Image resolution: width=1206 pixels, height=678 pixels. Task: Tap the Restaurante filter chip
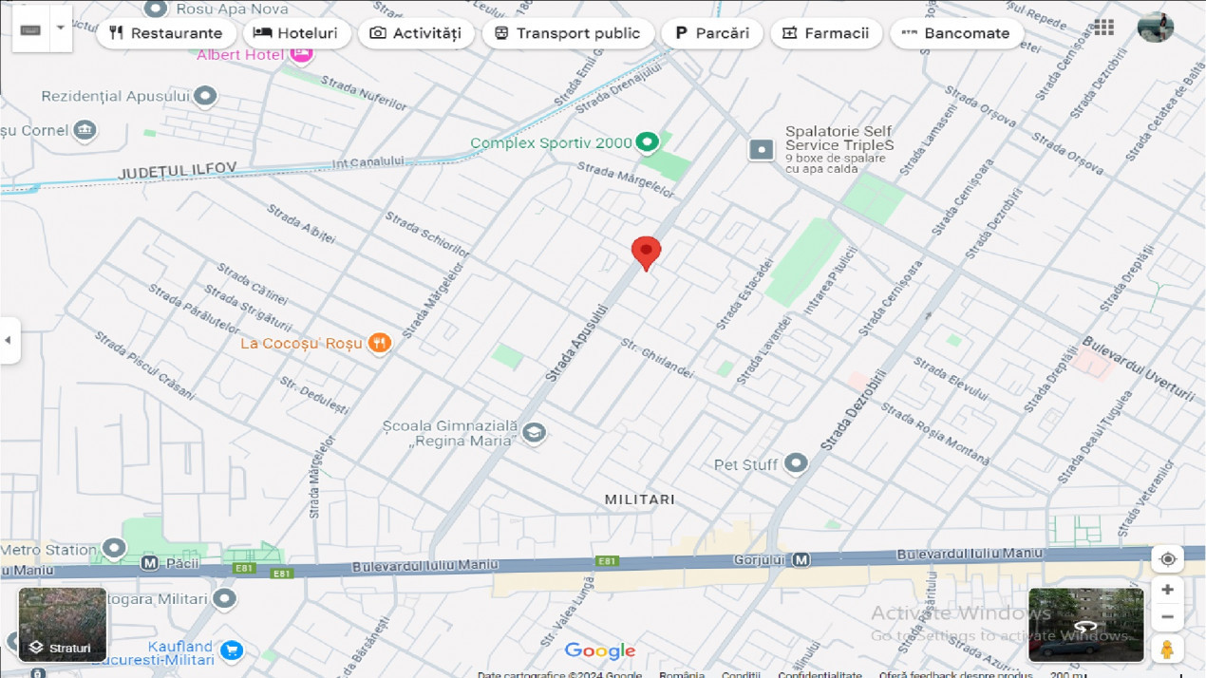pyautogui.click(x=166, y=33)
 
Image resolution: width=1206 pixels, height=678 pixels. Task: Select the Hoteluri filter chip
pyautogui.click(x=296, y=33)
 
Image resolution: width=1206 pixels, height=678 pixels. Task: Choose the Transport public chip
pyautogui.click(x=567, y=33)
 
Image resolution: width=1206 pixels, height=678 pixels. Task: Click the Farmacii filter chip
pyautogui.click(x=825, y=33)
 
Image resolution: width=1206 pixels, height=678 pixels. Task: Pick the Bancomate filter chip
pyautogui.click(x=955, y=33)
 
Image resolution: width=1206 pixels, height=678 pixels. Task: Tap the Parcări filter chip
pyautogui.click(x=711, y=33)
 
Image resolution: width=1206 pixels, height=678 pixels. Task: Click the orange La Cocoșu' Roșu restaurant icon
pyautogui.click(x=379, y=343)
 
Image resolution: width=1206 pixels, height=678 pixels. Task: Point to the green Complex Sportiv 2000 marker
pyautogui.click(x=647, y=142)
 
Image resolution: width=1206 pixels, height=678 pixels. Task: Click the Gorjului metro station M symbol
pyautogui.click(x=801, y=560)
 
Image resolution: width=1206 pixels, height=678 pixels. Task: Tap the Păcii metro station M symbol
pyautogui.click(x=149, y=563)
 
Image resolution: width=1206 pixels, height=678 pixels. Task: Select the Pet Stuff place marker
pyautogui.click(x=796, y=463)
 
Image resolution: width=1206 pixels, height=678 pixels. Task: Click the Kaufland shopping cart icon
pyautogui.click(x=231, y=650)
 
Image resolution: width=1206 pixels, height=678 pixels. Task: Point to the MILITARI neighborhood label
pyautogui.click(x=640, y=499)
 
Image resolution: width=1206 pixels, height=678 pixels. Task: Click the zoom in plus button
pyautogui.click(x=1167, y=590)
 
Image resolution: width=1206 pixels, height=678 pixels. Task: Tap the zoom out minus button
pyautogui.click(x=1167, y=617)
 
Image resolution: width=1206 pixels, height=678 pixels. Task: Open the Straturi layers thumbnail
pyautogui.click(x=63, y=624)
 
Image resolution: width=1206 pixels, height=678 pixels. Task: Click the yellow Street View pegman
pyautogui.click(x=1167, y=650)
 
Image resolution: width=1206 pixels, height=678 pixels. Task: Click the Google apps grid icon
pyautogui.click(x=1103, y=28)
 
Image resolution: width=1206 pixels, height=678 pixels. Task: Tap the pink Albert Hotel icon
pyautogui.click(x=301, y=54)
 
